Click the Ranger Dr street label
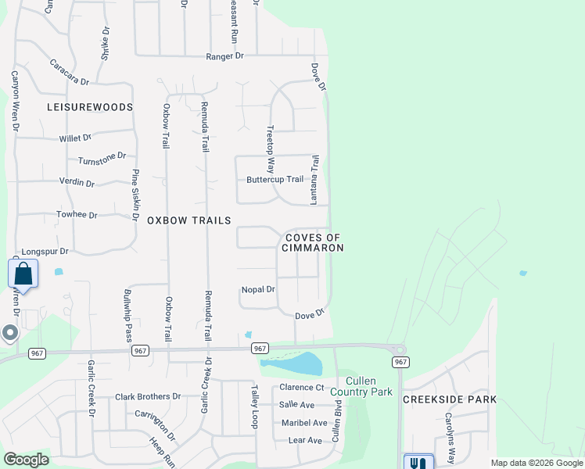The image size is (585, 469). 225,56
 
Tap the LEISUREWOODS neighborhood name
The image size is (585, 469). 90,106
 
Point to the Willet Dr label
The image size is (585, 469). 76,138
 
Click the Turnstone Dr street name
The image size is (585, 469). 102,159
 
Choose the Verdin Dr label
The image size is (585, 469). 77,183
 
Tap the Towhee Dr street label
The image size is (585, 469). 77,215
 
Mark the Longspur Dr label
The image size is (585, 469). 48,252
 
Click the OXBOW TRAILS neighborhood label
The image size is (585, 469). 189,220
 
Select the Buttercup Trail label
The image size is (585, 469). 275,179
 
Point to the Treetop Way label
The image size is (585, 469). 271,149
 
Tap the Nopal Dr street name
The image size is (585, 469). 258,289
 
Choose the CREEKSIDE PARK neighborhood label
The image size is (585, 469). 450,399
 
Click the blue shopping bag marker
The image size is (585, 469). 23,274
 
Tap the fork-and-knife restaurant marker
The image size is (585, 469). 419,462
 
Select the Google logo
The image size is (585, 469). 26,460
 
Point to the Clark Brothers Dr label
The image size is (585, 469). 148,396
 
